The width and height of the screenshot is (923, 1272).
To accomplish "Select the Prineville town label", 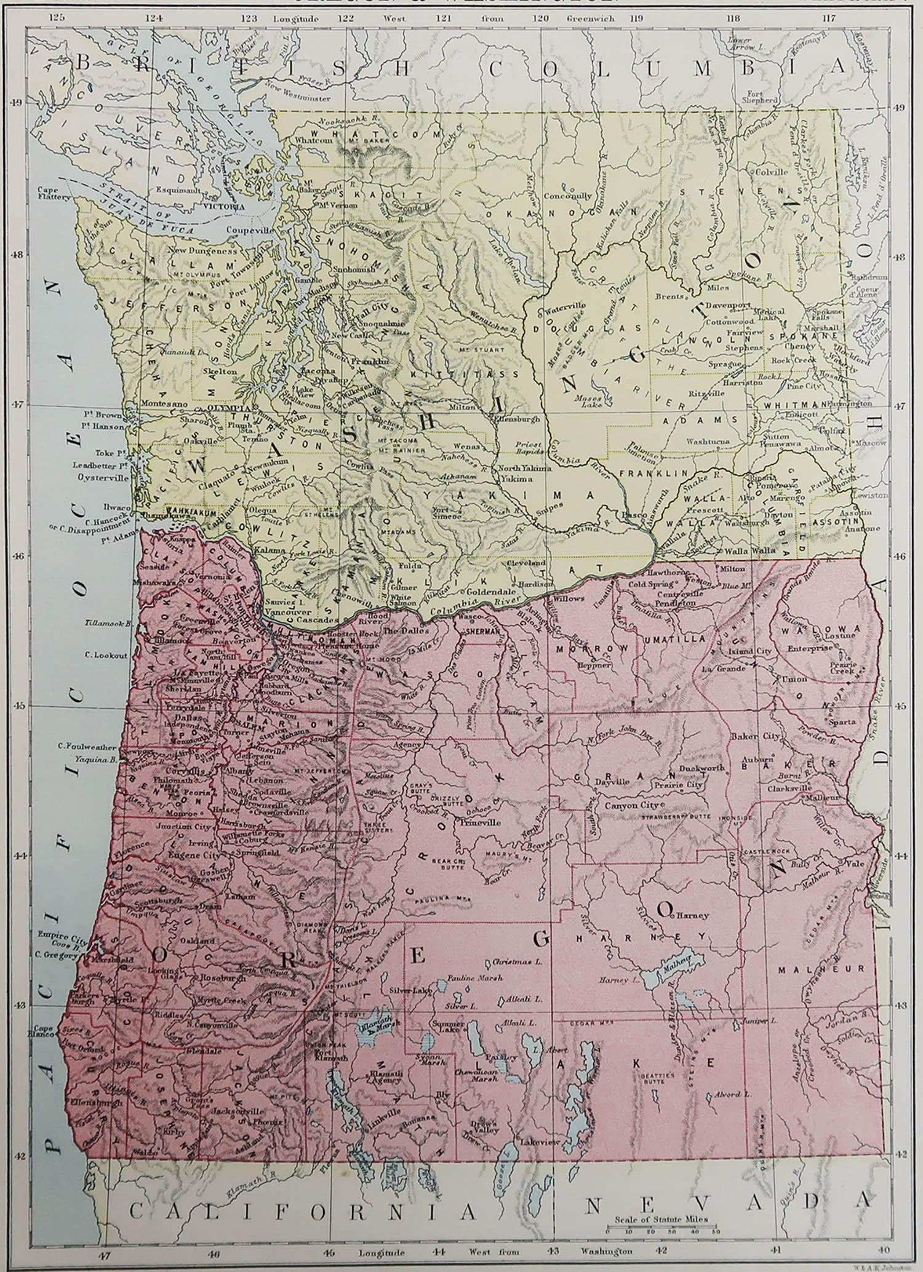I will [477, 822].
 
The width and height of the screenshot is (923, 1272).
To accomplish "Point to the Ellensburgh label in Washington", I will [516, 418].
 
